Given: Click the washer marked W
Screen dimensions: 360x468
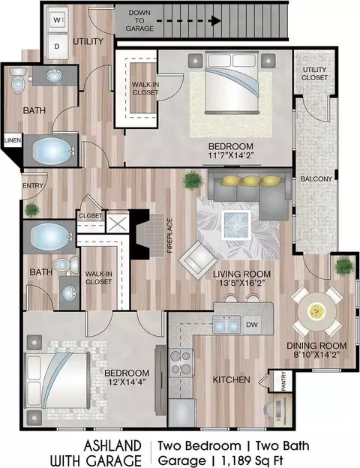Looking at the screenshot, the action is tap(57, 20).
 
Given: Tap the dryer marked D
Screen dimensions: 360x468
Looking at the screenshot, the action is tap(57, 46).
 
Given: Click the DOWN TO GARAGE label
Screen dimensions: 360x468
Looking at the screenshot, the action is tap(139, 20).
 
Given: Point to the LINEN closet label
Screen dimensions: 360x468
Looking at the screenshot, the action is tap(13, 140).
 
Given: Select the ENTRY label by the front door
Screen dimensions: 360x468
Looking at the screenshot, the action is tap(33, 186).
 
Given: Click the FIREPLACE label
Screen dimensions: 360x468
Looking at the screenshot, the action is tap(169, 236).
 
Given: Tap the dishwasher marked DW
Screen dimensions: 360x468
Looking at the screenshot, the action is tap(252, 325).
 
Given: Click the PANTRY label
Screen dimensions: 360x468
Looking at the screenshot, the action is tap(283, 381).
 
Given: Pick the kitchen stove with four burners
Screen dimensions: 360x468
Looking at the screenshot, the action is tap(181, 363).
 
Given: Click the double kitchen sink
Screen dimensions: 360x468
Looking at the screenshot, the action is tap(226, 325).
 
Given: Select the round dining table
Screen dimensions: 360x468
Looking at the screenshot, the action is tap(317, 311).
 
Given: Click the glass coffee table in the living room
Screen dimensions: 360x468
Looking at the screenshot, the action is tap(235, 224).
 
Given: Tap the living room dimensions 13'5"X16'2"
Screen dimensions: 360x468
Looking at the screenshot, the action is tap(241, 283).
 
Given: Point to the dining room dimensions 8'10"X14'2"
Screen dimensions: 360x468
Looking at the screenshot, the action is tap(316, 354).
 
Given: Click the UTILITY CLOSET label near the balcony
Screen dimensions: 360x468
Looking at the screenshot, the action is tap(314, 73).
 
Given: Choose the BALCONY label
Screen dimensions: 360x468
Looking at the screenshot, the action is tap(316, 178).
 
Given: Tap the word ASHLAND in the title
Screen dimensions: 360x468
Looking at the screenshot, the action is tap(112, 446).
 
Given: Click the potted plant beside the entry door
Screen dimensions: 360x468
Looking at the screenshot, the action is tap(31, 209).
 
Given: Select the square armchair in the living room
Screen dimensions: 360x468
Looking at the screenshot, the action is tap(198, 260).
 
